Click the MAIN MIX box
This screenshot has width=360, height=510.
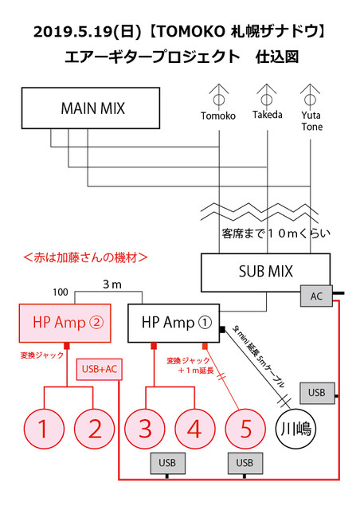93,107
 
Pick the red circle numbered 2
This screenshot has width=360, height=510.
95,429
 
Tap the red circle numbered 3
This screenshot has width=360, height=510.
146,429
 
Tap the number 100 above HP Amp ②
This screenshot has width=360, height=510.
61,292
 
